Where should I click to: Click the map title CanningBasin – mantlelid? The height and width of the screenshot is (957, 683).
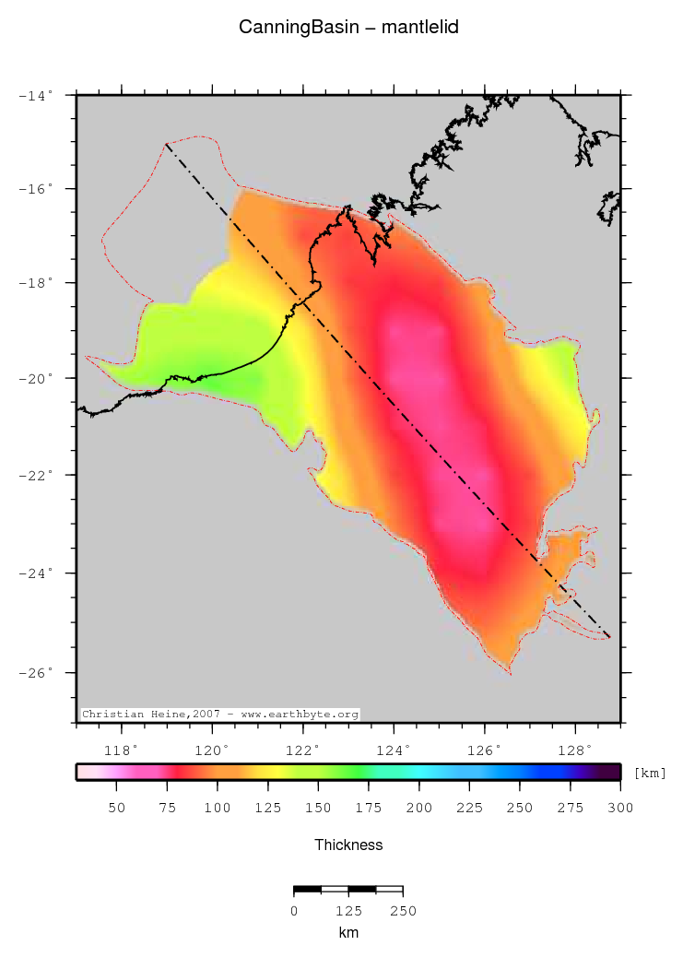(348, 28)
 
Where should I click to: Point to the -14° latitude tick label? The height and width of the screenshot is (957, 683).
(37, 94)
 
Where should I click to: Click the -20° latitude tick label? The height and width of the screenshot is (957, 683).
(37, 378)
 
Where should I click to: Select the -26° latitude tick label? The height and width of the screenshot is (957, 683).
(37, 672)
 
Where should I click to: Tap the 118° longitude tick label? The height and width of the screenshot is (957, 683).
(124, 750)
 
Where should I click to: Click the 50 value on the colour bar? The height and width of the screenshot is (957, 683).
(116, 808)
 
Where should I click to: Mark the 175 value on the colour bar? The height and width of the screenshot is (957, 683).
(368, 808)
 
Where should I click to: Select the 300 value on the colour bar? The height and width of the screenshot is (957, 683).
(620, 808)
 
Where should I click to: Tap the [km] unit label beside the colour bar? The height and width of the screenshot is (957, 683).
(651, 773)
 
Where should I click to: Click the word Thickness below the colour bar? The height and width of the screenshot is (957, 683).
(348, 845)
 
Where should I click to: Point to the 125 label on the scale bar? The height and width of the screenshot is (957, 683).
(348, 911)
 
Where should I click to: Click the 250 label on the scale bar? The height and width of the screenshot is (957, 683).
(403, 911)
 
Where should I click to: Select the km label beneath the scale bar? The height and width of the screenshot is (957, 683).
(348, 933)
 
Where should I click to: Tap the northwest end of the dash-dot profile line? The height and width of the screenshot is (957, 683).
(167, 144)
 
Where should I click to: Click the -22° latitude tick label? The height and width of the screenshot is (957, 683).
(37, 475)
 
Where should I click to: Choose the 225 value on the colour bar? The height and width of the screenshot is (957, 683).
(469, 808)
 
